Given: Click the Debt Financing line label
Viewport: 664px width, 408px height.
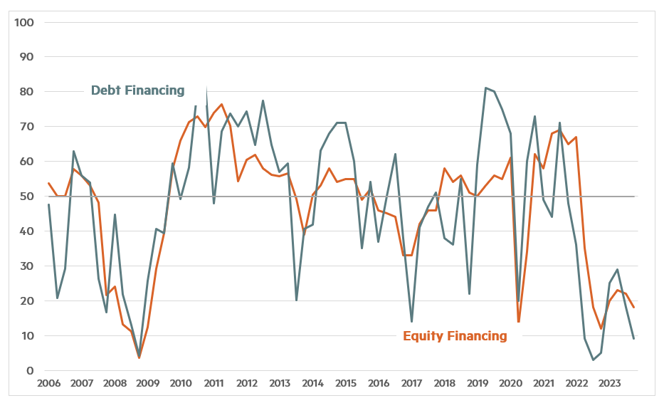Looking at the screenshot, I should [x=137, y=90].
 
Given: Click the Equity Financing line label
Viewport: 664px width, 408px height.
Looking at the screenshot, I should [x=455, y=336].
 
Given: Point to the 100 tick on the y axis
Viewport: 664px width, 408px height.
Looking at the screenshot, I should [x=26, y=22].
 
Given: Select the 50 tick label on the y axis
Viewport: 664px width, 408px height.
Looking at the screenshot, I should [x=28, y=197].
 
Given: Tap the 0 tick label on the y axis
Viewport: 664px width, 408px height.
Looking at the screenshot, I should [x=31, y=371].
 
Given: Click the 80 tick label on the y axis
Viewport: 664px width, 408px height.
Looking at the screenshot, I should [x=28, y=92].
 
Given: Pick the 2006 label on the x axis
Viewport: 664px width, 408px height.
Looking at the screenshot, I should [x=48, y=384].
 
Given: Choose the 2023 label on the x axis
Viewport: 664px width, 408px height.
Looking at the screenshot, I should [x=609, y=384].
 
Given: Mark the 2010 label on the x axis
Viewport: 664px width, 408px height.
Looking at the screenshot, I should [x=180, y=384].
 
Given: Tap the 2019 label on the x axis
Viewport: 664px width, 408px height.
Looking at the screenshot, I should [x=478, y=384].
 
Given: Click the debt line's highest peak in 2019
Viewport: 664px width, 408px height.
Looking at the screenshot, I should [x=485, y=88].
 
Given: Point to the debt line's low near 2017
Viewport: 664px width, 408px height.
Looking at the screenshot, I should [x=411, y=322].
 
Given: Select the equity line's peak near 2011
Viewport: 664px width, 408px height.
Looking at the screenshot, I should [x=221, y=105].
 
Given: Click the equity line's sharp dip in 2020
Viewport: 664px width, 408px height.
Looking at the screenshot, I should [x=518, y=322].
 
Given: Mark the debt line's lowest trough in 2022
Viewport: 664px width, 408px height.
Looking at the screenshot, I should [x=593, y=360].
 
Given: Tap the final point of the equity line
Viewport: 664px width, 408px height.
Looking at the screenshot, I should [x=634, y=308].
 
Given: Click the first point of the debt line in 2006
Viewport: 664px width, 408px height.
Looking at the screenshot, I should [x=48, y=205].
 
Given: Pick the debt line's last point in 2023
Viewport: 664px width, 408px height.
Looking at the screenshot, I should [x=634, y=339].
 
